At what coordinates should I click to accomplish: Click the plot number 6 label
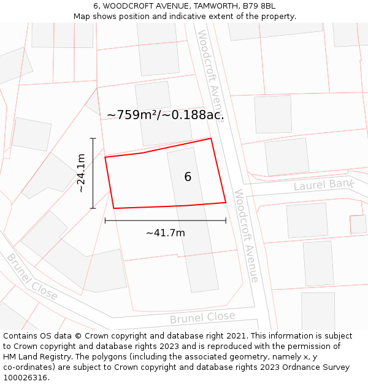coord(188,177)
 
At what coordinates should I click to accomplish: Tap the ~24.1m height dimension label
coord(81,173)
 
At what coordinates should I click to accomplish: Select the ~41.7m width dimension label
coord(165,233)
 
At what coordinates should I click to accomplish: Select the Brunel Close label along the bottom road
coord(202,318)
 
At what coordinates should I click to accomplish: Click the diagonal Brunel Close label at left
coord(32,276)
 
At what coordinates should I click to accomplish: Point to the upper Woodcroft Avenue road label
coord(210,74)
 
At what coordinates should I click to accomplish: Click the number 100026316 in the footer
coord(25,378)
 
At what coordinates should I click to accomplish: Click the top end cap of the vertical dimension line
coord(93,138)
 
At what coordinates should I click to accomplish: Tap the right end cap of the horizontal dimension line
coord(226,220)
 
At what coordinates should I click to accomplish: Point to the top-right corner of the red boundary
coord(211,138)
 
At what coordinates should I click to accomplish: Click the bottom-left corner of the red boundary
coord(114,208)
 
